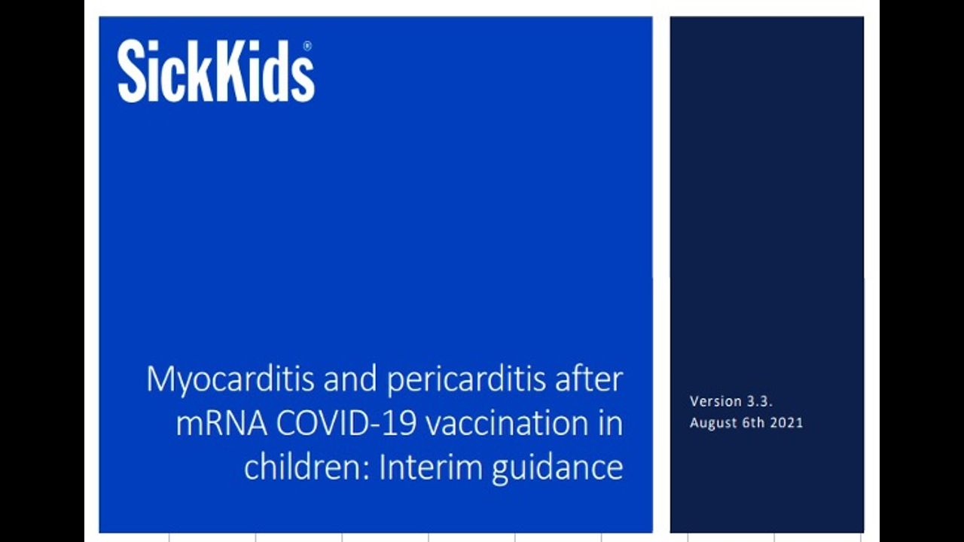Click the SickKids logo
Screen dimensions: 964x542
216,72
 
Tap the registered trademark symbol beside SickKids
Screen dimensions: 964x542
308,46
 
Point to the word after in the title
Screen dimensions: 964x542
589,379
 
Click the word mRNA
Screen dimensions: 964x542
221,424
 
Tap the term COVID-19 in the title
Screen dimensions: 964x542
346,424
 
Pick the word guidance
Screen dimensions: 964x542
558,469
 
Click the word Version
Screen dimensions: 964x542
715,401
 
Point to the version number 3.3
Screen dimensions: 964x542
760,401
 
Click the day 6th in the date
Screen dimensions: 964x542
754,422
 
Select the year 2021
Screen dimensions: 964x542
786,422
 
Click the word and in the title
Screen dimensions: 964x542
350,379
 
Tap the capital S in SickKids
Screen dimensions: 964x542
131,72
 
